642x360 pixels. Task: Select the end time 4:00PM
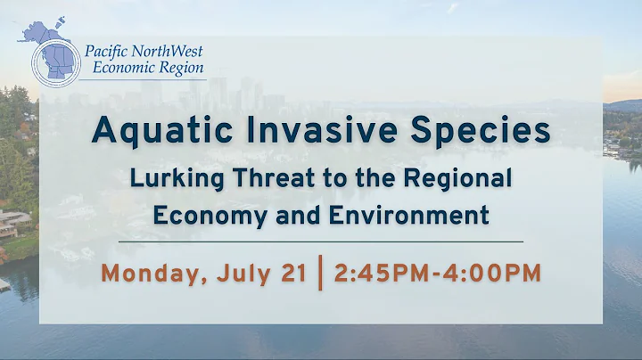490,272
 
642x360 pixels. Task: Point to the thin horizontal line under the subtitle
321,241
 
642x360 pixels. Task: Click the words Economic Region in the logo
144,68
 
